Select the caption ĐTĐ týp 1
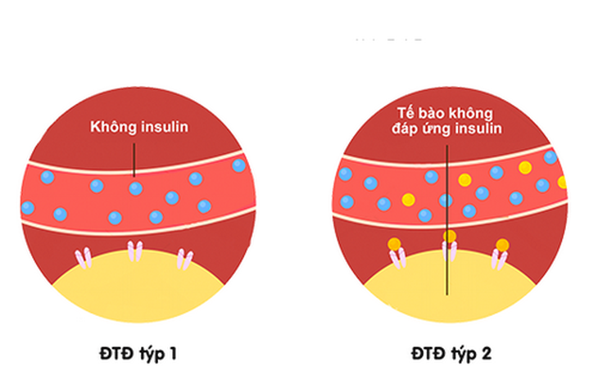point(138,354)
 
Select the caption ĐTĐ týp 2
point(451,354)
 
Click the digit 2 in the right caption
point(487,353)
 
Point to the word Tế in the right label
point(405,113)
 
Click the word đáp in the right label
point(405,129)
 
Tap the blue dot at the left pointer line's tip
point(136,188)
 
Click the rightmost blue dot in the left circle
point(238,165)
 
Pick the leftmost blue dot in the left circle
point(28,208)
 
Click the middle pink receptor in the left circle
point(135,251)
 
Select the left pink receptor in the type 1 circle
point(83,258)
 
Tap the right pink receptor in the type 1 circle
point(185,260)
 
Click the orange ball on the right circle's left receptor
point(394,244)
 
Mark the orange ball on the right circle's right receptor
point(502,245)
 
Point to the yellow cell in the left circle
point(138,290)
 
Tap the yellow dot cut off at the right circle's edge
point(563,182)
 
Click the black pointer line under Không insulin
point(134,160)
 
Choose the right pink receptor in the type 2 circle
point(499,260)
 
